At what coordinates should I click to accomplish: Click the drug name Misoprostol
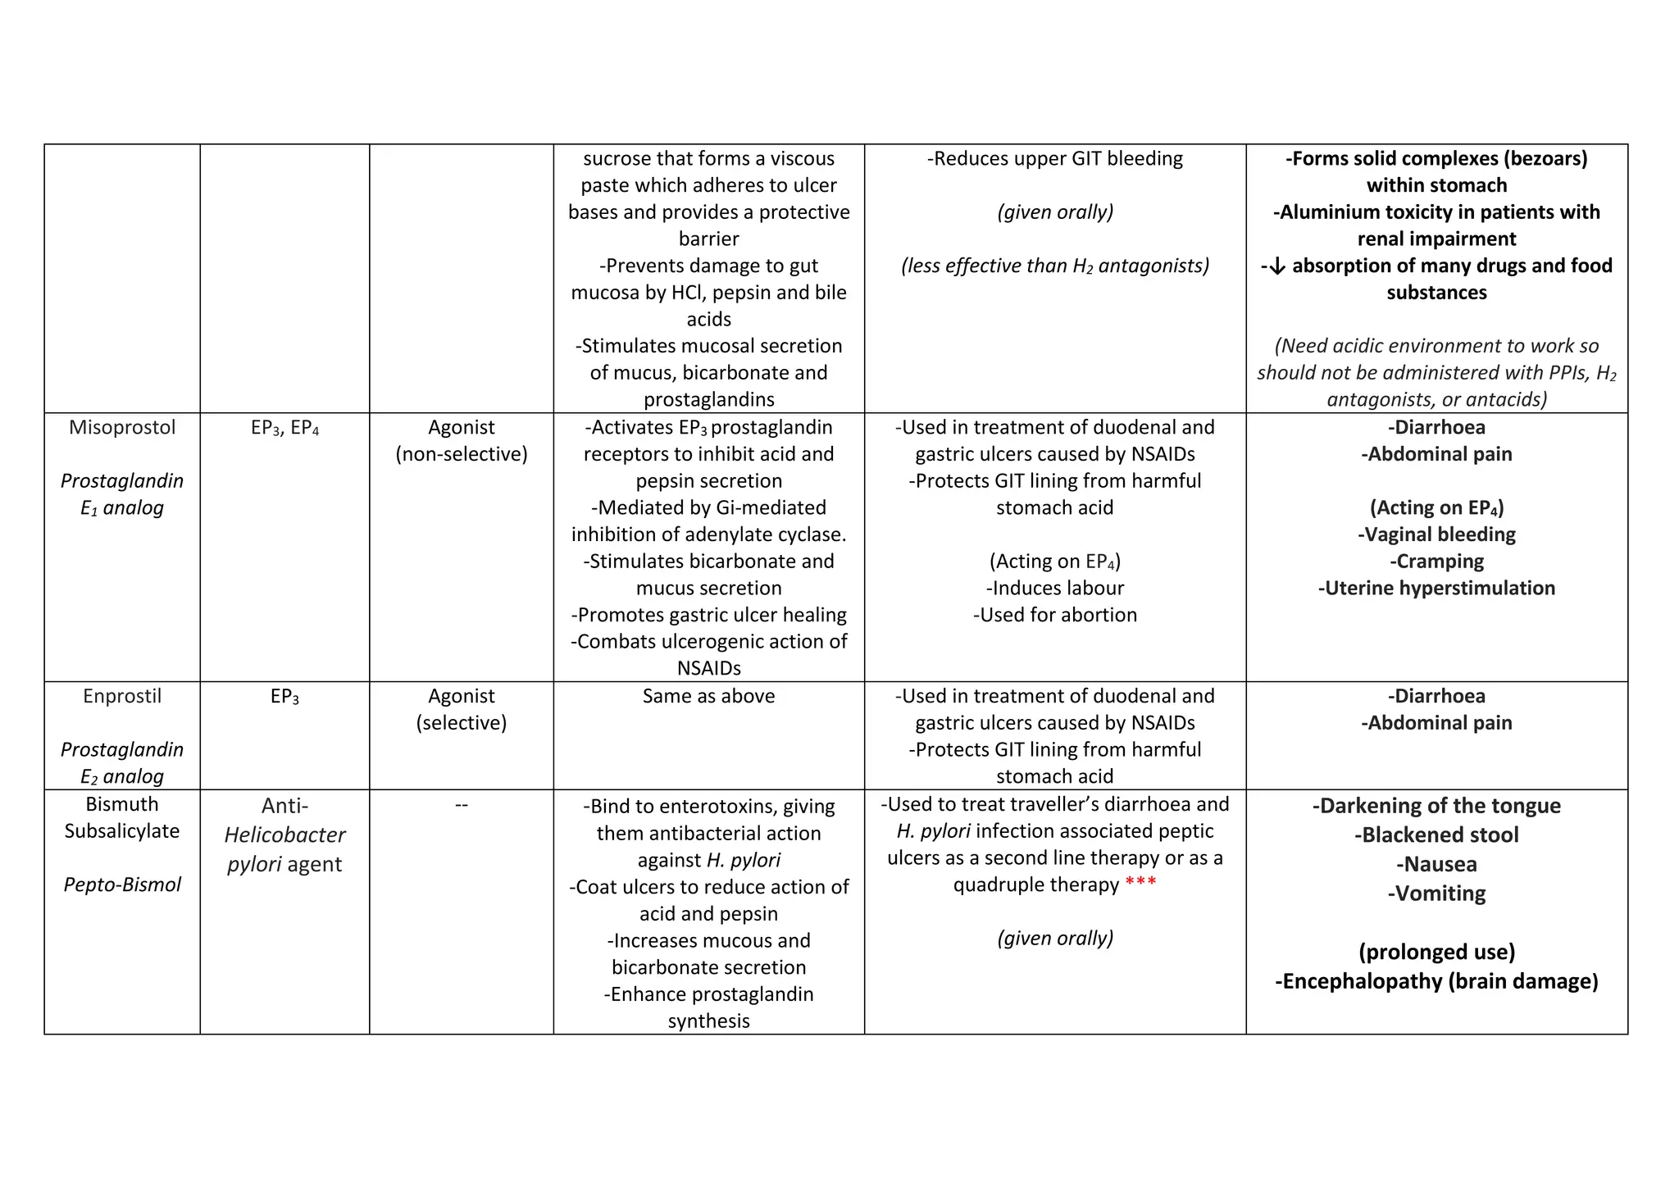(122, 427)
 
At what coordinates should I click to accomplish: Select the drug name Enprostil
(122, 696)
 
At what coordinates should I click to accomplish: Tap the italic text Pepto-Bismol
(122, 885)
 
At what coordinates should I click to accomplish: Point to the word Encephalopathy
(1361, 981)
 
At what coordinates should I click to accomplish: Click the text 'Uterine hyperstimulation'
(1436, 588)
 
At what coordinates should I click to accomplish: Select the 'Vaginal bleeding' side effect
(1436, 534)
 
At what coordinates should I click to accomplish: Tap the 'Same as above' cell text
(708, 696)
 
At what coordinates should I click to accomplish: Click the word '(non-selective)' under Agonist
(462, 454)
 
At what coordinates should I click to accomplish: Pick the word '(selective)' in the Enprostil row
(462, 723)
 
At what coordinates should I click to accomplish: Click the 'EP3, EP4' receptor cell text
(284, 428)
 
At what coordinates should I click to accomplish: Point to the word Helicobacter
(284, 835)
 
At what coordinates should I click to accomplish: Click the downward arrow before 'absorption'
(1276, 266)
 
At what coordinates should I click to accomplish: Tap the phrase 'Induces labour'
(1055, 588)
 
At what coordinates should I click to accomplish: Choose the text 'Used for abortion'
(1055, 615)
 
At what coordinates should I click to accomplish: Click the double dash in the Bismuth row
(462, 805)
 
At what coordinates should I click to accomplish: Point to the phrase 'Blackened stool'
(1436, 835)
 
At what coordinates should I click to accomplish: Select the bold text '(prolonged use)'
(1436, 952)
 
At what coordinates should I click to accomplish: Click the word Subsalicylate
(122, 831)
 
